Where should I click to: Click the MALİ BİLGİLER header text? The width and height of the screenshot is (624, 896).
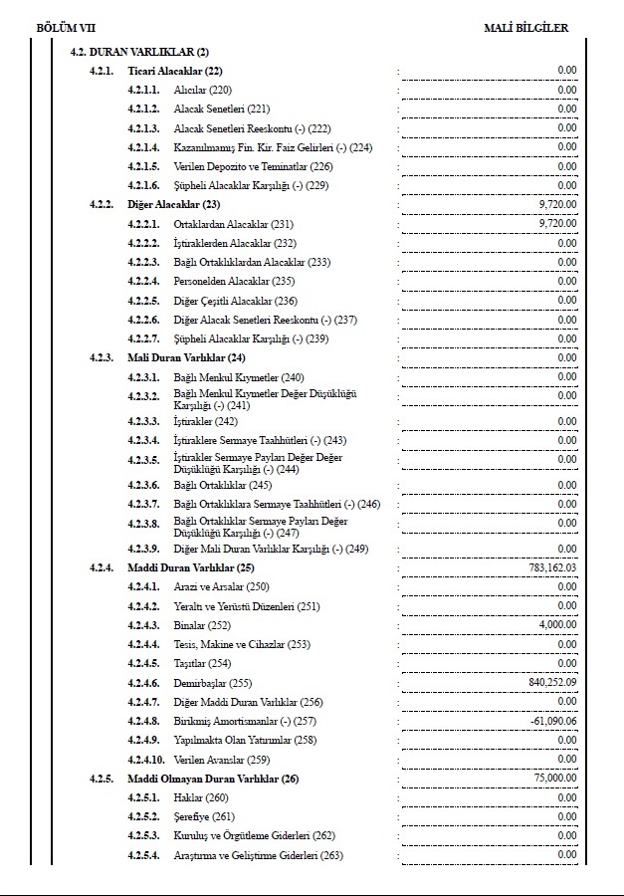point(525,28)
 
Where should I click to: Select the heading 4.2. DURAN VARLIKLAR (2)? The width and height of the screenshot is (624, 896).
point(139,51)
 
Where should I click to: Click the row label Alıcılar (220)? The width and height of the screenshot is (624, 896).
point(202,90)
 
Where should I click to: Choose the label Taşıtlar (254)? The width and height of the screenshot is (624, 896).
point(202,663)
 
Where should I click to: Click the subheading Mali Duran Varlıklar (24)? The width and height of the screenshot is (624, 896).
point(186,357)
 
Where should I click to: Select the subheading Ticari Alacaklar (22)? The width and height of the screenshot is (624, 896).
point(175,71)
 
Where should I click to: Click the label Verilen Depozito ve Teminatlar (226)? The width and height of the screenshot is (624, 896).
point(253,166)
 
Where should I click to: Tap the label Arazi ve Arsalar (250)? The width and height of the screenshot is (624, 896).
point(221,586)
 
